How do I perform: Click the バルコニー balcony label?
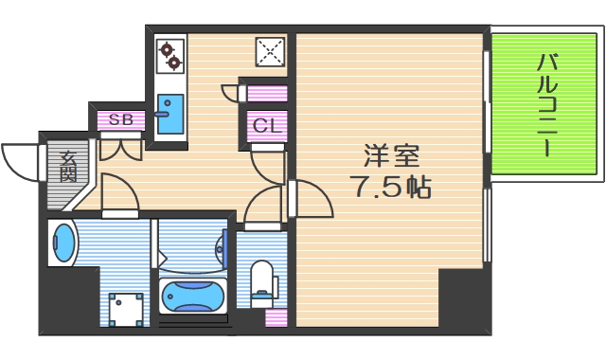pyautogui.click(x=546, y=104)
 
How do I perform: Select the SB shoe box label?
pyautogui.click(x=120, y=119)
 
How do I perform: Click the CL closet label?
pyautogui.click(x=265, y=123)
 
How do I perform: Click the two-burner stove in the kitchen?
pyautogui.click(x=170, y=55)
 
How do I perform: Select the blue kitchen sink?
pyautogui.click(x=169, y=115)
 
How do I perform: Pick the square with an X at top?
pyautogui.click(x=270, y=52)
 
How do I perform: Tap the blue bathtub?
pyautogui.click(x=194, y=297)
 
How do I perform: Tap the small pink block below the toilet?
pyautogui.click(x=275, y=318)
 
